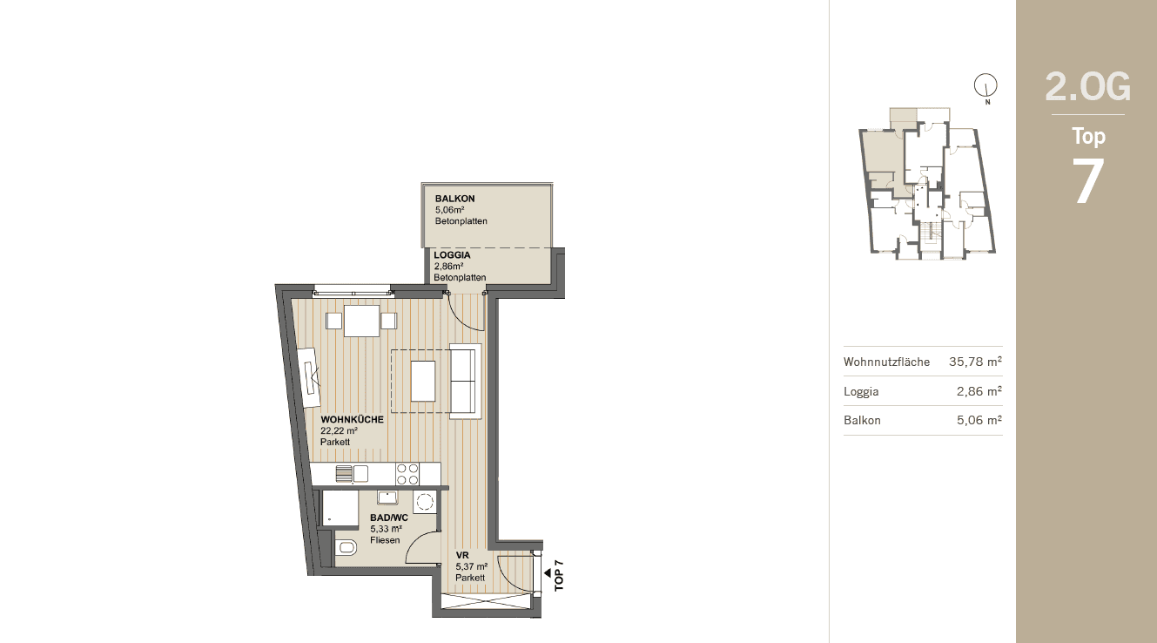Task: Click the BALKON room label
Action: click(x=454, y=199)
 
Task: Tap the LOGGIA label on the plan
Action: click(x=452, y=255)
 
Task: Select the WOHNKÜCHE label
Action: click(x=352, y=420)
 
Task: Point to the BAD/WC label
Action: click(x=389, y=518)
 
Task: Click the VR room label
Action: click(x=461, y=555)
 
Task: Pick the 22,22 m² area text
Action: click(x=339, y=430)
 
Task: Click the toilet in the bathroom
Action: click(x=346, y=547)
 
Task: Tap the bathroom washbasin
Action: click(x=387, y=497)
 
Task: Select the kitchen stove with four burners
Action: click(x=407, y=474)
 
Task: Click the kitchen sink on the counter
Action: click(x=352, y=474)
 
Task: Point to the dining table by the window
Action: click(x=361, y=321)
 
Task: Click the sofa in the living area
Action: click(x=466, y=381)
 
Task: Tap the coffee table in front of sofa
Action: click(x=423, y=381)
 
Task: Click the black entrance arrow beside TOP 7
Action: click(x=548, y=572)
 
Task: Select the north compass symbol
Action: click(x=985, y=85)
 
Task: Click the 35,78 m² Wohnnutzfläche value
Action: click(x=975, y=362)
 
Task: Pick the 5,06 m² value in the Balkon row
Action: click(x=979, y=420)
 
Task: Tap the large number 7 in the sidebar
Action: click(x=1087, y=181)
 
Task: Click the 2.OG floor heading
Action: click(x=1087, y=87)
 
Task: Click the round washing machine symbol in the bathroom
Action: click(x=425, y=501)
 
